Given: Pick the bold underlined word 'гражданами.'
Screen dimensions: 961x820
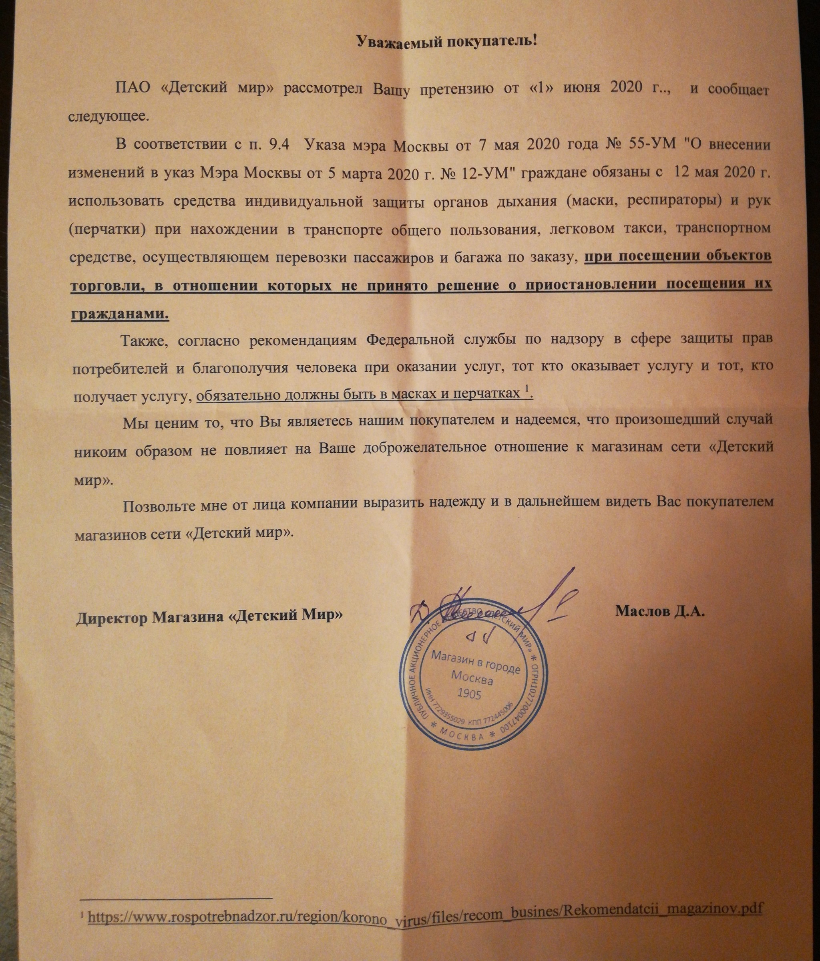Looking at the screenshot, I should click(120, 314).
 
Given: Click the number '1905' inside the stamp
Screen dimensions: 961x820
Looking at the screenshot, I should click(469, 694).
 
